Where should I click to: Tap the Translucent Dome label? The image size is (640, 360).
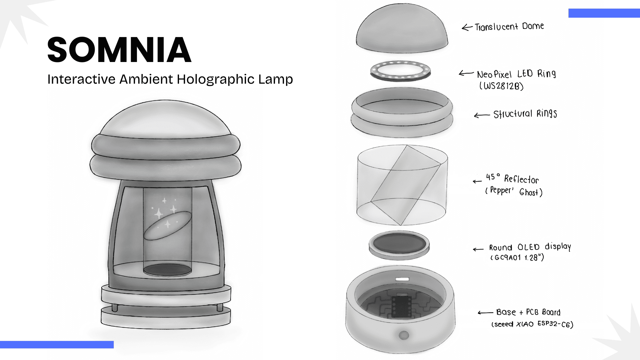coord(509,27)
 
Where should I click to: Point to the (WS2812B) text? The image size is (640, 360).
coord(501,86)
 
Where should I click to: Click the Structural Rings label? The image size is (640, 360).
coord(525,114)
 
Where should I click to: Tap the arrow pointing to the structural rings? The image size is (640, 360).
coord(482,115)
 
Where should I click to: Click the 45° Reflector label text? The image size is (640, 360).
coord(512,178)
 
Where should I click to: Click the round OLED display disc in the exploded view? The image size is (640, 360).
coord(399,245)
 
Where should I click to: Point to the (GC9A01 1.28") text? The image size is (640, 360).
coord(517,258)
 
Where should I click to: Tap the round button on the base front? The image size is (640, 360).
coord(404,335)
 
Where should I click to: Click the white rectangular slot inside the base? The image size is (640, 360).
coord(402,279)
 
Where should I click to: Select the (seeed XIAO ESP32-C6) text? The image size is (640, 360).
coord(532,324)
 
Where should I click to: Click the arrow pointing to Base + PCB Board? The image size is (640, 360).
coord(485,313)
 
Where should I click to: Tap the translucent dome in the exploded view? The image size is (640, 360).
coord(402,28)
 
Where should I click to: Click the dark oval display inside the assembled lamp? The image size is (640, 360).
coord(167,270)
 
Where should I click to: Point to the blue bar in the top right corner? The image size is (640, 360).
coord(604,13)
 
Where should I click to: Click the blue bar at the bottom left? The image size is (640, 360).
coord(57,345)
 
